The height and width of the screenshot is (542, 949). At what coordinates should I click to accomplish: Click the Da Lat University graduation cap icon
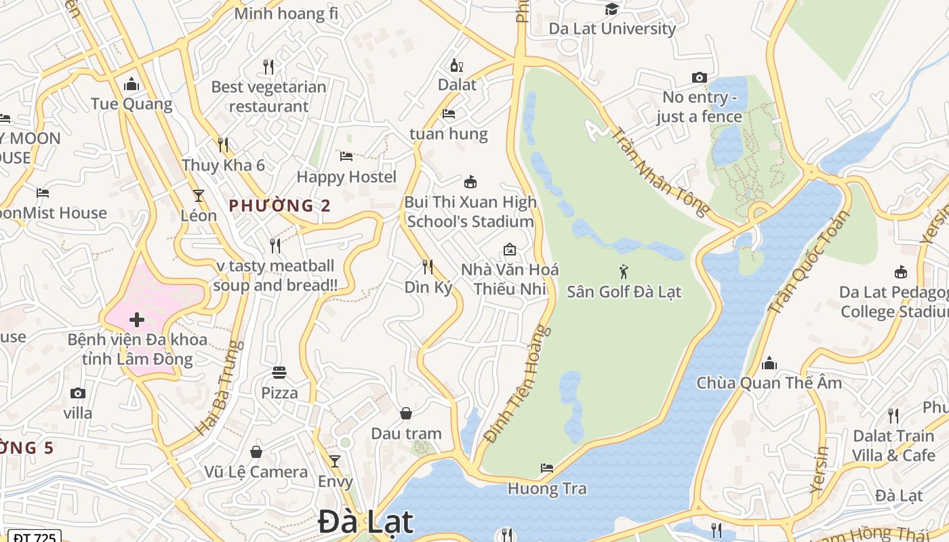611,9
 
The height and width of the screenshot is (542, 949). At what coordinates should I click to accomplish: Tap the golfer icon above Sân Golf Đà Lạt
624,272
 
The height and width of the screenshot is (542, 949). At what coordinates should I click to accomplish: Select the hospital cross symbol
137,319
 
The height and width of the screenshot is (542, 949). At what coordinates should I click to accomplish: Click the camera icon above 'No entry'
700,78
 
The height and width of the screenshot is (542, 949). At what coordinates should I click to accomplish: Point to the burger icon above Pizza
279,372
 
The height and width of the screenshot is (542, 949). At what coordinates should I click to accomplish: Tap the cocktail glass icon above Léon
199,196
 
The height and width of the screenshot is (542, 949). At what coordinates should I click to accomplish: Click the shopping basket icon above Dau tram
406,413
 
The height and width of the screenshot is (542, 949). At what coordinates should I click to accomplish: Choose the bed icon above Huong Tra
547,467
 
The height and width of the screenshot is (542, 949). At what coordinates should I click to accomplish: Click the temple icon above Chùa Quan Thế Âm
769,363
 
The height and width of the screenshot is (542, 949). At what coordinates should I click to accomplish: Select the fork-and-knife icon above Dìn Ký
428,266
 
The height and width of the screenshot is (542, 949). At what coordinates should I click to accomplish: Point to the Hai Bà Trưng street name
220,388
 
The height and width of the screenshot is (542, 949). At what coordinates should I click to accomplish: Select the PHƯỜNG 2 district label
279,206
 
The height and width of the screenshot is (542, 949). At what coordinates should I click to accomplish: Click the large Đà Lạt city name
365,522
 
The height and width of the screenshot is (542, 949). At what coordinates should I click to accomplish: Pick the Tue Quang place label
132,104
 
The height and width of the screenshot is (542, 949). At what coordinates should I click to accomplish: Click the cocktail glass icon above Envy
335,461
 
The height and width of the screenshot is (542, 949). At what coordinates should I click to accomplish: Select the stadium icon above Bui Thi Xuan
470,182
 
